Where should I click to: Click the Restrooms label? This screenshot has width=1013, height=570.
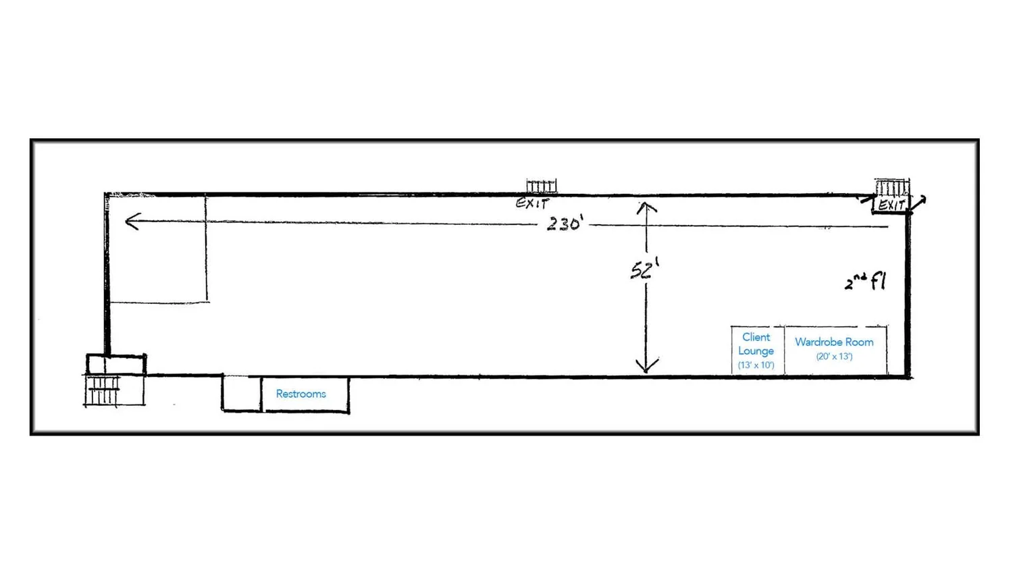click(301, 394)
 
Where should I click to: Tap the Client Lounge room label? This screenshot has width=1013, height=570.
click(756, 344)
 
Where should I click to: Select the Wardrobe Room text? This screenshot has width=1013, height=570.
click(834, 342)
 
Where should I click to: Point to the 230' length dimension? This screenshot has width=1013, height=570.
click(565, 224)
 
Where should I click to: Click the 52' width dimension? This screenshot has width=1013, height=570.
click(645, 269)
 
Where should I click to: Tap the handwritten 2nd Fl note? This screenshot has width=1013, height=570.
click(865, 282)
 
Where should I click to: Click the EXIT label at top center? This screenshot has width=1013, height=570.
click(532, 203)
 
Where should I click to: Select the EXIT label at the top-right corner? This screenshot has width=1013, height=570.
click(891, 205)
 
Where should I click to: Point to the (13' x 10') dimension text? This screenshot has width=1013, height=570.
click(756, 365)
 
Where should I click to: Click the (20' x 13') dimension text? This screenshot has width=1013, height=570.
click(834, 357)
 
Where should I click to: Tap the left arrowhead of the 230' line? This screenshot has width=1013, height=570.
click(132, 222)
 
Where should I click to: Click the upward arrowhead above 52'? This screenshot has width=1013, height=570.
click(647, 208)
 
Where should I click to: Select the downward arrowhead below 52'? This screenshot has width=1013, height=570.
click(647, 365)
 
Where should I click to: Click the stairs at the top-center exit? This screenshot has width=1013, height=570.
click(542, 186)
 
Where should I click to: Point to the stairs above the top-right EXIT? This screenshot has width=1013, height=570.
click(892, 187)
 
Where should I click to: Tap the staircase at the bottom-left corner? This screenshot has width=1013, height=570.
click(102, 391)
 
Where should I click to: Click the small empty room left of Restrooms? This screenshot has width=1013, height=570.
click(242, 393)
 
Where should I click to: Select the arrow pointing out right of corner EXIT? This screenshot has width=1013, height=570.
click(918, 203)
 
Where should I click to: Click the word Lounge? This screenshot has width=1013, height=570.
click(756, 351)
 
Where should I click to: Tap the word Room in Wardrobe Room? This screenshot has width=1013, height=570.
click(860, 342)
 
